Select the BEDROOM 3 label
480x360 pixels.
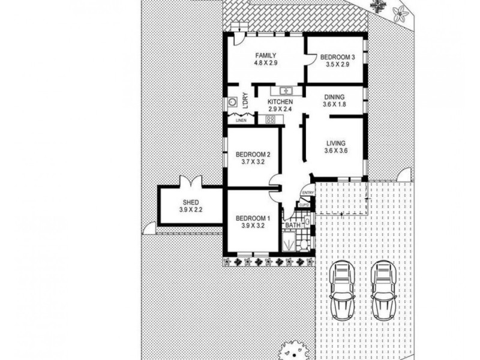click(x=337, y=57)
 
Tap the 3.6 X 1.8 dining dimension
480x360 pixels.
click(x=335, y=104)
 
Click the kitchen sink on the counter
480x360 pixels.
click(x=281, y=91)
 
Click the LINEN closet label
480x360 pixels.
click(x=240, y=121)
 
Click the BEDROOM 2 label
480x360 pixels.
click(x=252, y=154)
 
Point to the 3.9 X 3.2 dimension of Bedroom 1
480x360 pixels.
click(x=252, y=226)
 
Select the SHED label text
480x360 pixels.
click(x=190, y=202)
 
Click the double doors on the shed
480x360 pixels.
click(x=190, y=181)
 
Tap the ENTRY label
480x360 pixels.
click(x=308, y=192)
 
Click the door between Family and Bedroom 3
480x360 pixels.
click(x=311, y=59)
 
